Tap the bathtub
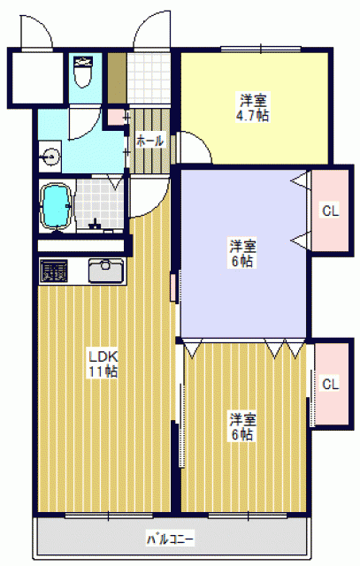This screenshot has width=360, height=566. (57, 206)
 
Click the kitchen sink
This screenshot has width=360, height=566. (106, 271)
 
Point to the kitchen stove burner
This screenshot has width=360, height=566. (54, 271)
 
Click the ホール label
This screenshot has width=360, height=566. (149, 141)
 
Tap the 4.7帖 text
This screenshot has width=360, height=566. (252, 116)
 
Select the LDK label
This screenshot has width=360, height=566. (103, 357)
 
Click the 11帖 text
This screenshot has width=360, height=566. (103, 371)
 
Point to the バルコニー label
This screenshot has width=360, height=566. (170, 539)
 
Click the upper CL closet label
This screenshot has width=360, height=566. (331, 210)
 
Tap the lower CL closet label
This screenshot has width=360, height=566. (331, 384)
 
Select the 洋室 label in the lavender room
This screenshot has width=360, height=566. (243, 246)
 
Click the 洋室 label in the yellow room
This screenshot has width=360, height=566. (254, 100)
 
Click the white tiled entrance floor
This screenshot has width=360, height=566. (149, 79)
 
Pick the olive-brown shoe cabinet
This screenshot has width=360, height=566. (118, 78)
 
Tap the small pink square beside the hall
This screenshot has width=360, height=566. (116, 117)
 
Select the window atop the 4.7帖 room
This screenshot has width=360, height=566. (261, 49)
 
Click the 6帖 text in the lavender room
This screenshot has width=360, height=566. (242, 261)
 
